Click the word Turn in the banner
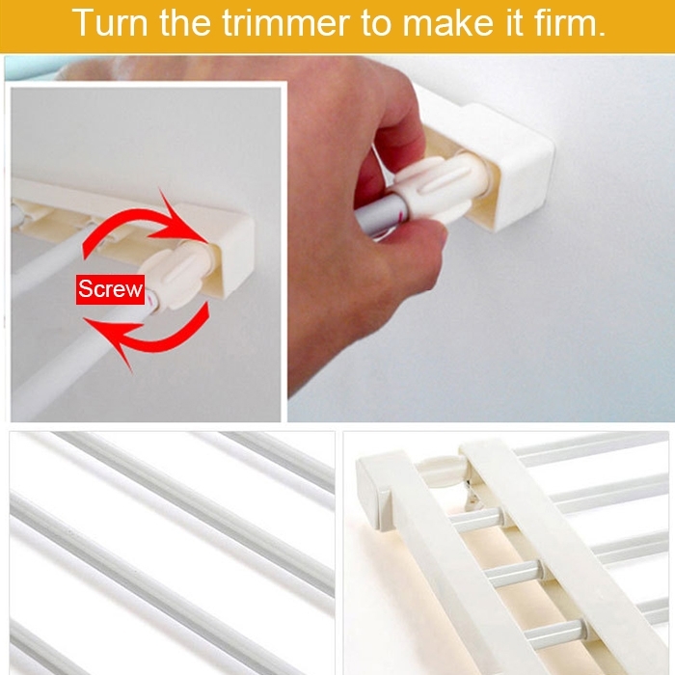point(110,22)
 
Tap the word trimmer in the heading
point(286,22)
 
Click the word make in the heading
point(447,22)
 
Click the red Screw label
point(110,289)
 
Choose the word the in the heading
point(185,22)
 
